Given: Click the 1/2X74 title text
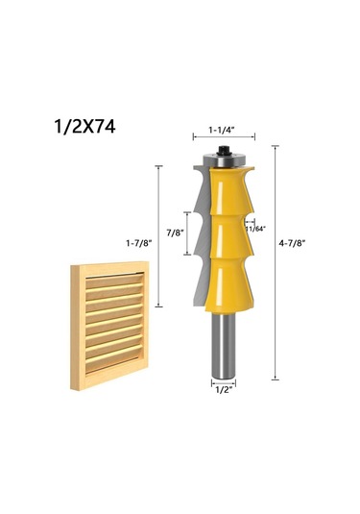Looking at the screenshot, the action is [x=84, y=127].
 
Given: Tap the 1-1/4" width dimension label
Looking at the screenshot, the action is [x=222, y=130].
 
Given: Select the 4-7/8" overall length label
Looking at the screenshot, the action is [x=292, y=243].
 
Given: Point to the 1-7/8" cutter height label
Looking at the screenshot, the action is [x=139, y=243].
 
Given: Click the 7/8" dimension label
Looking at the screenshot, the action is [x=176, y=233].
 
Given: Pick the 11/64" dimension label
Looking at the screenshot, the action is [x=255, y=229].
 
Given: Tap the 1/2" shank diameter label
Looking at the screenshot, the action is [x=224, y=390].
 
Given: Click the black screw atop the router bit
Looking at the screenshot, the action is [x=224, y=151].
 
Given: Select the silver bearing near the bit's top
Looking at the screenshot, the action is [x=224, y=160].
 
